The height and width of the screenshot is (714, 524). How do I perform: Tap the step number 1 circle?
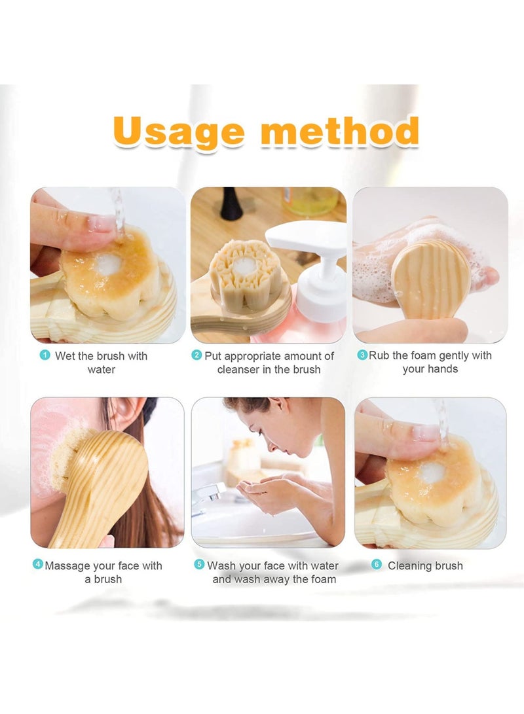[x=45, y=355]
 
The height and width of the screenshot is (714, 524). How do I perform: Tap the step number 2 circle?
[x=196, y=355]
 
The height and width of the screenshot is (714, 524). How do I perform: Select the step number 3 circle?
[x=362, y=355]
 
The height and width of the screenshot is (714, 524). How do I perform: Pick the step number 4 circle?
[x=38, y=564]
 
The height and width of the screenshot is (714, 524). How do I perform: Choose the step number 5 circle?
[x=199, y=564]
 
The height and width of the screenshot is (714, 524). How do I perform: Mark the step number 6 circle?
[x=376, y=564]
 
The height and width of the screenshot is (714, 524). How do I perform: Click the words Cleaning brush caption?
[x=425, y=565]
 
